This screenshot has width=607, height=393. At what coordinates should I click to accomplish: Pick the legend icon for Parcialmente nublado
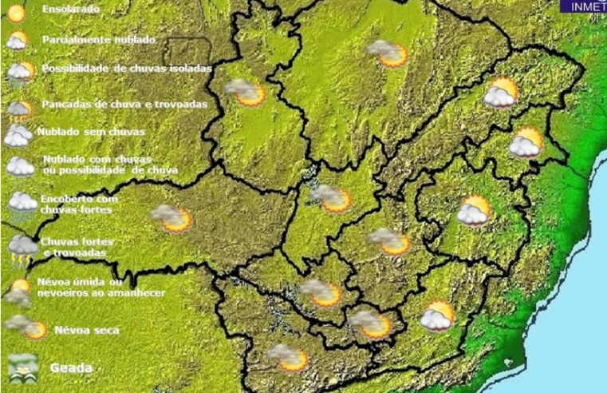(x=17, y=40)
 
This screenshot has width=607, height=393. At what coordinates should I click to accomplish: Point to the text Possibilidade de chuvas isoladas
(x=127, y=69)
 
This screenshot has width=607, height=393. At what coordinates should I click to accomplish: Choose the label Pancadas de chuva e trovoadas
(x=124, y=104)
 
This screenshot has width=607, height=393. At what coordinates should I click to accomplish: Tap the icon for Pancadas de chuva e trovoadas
(x=18, y=107)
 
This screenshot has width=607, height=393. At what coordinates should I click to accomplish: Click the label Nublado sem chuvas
(x=77, y=132)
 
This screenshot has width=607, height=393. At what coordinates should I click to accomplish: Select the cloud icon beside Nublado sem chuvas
(x=18, y=135)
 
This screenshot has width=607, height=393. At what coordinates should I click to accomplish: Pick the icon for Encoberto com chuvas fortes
(x=22, y=204)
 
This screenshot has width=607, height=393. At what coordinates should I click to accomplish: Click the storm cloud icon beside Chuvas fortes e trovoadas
(x=22, y=248)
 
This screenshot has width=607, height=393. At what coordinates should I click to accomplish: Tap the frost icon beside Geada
(x=22, y=366)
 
